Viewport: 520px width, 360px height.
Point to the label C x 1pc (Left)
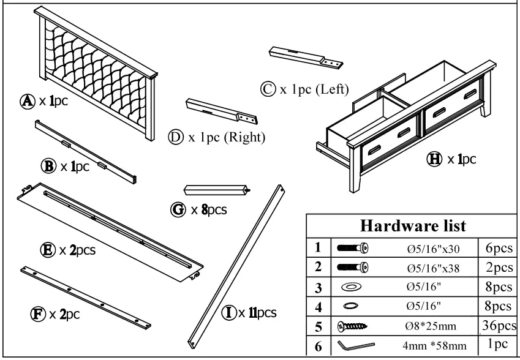click(304, 89)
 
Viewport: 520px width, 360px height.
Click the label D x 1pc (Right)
click(217, 137)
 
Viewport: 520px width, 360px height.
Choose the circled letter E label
click(47, 250)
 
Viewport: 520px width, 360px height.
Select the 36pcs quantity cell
click(497, 326)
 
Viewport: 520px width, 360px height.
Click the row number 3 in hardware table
click(317, 287)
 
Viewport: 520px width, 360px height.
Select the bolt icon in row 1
click(352, 248)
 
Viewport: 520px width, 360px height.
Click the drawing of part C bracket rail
click(304, 58)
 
